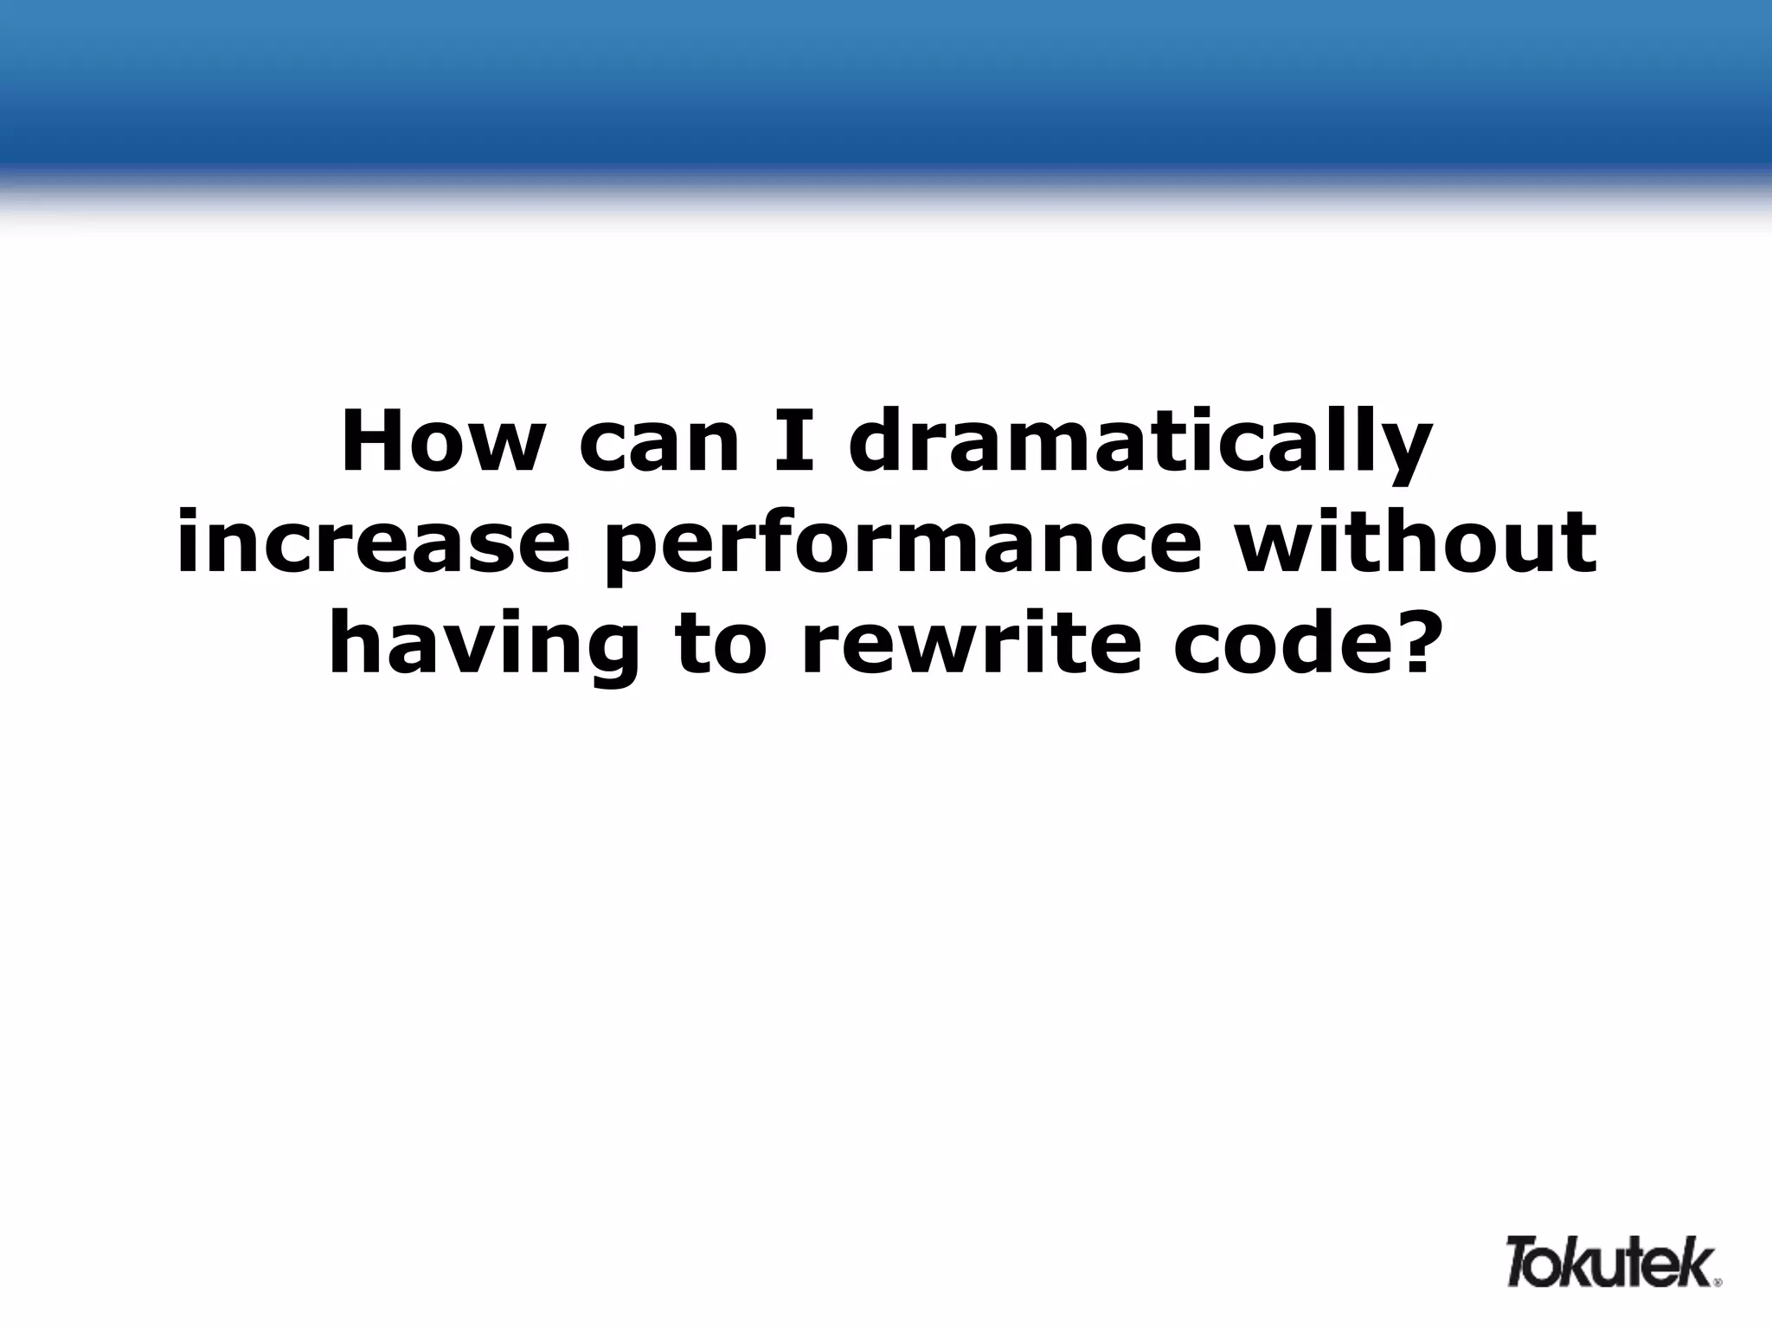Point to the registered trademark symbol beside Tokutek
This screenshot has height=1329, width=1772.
(x=1718, y=1282)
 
